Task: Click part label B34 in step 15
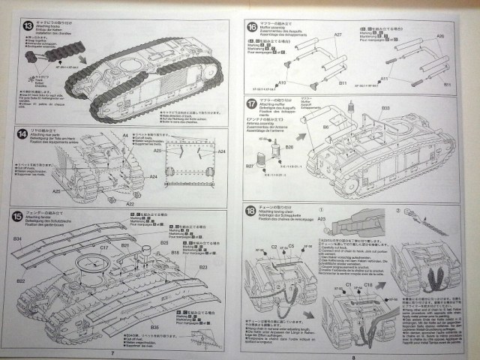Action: pyautogui.click(x=17, y=238)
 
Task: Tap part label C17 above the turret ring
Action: pyautogui.click(x=103, y=247)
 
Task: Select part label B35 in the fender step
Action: pyautogui.click(x=153, y=327)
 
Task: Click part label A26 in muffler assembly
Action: pyautogui.click(x=440, y=36)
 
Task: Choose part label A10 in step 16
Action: pyautogui.click(x=282, y=82)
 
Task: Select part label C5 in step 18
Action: pyautogui.click(x=290, y=267)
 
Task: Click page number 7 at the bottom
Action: pyautogui.click(x=112, y=352)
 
